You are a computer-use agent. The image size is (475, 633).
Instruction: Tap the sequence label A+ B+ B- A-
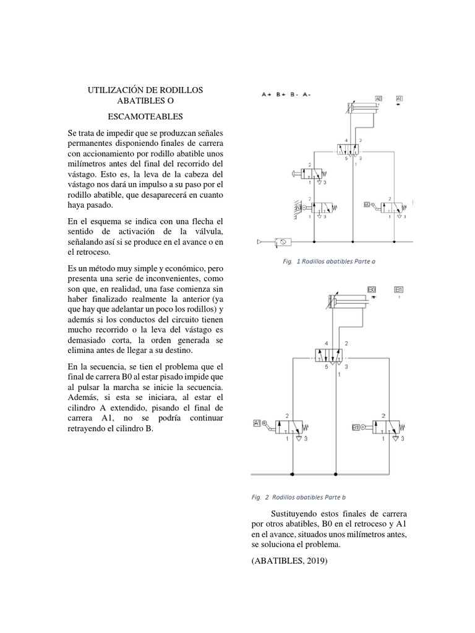click(x=286, y=95)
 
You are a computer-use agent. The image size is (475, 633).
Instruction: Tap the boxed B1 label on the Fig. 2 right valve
click(x=356, y=427)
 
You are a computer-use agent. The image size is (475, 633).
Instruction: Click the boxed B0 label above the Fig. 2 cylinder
click(x=372, y=289)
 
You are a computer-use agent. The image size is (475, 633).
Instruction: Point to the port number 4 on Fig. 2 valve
click(x=326, y=343)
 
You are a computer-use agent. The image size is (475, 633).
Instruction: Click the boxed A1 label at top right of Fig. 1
click(x=399, y=98)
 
